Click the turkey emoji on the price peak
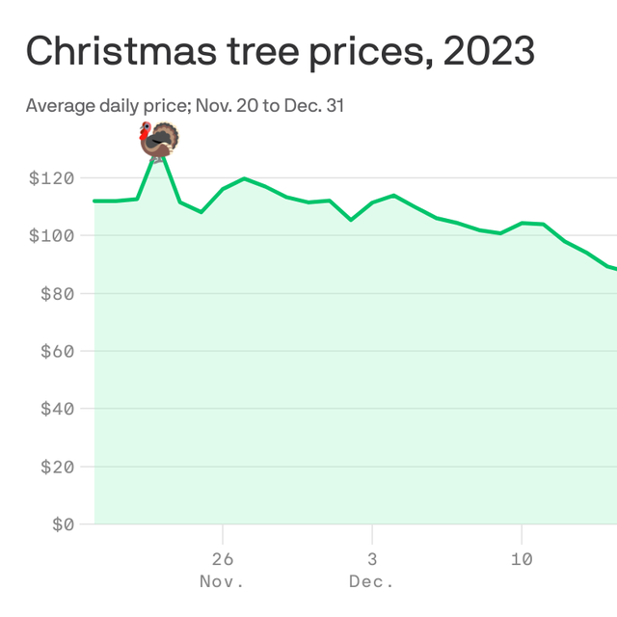click(x=159, y=141)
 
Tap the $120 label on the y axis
click(x=51, y=178)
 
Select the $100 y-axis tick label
click(x=51, y=235)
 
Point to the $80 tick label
click(x=58, y=293)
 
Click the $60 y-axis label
click(x=58, y=351)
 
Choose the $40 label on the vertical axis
click(x=58, y=409)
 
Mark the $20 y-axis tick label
click(x=58, y=467)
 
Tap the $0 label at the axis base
click(x=64, y=524)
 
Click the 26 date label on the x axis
click(x=223, y=559)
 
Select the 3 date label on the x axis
click(x=372, y=559)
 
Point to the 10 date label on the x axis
click(x=522, y=559)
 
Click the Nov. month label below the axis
click(x=222, y=581)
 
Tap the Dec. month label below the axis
click(x=371, y=581)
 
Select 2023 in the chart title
click(x=489, y=51)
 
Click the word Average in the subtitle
click(x=61, y=106)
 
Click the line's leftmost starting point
click(x=94, y=201)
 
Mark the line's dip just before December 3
click(x=351, y=220)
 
